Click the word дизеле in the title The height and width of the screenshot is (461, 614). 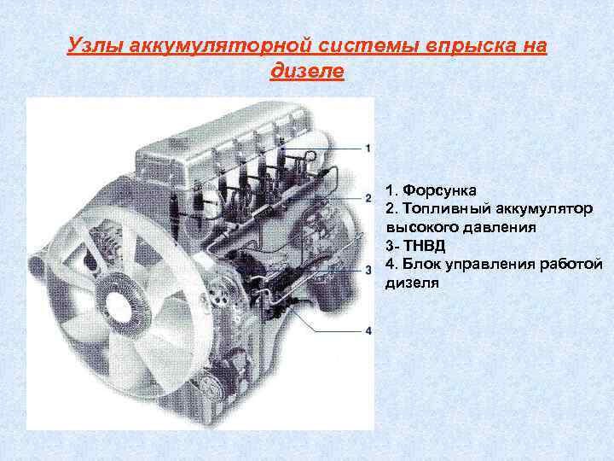point(307,72)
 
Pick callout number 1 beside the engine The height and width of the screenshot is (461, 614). point(368,149)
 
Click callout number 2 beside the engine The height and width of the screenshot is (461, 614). point(368,198)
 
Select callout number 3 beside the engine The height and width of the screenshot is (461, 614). point(368,270)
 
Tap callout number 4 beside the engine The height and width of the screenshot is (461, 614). point(368,330)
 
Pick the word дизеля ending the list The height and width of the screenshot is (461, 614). point(412,283)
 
